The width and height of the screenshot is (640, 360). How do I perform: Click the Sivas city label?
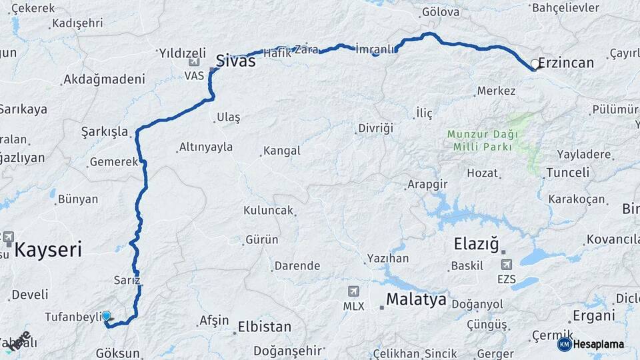(x=235, y=61)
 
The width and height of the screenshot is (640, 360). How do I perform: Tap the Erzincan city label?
(x=565, y=63)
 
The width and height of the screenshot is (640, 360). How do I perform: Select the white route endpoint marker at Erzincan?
(x=535, y=65)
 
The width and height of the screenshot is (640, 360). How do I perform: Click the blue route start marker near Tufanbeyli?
(x=106, y=316)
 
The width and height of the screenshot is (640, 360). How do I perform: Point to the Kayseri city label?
(x=48, y=251)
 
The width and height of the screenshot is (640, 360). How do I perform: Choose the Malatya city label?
(x=416, y=299)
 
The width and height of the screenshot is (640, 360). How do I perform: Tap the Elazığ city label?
(x=476, y=244)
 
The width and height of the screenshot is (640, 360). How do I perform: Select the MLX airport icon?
(x=353, y=291)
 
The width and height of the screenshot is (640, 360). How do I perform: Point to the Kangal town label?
(x=282, y=151)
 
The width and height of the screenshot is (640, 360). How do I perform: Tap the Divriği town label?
(x=376, y=127)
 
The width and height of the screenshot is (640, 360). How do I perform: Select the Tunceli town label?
(x=567, y=173)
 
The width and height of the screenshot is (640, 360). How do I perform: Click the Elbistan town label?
(x=265, y=327)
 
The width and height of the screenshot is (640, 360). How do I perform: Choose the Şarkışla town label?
(x=104, y=131)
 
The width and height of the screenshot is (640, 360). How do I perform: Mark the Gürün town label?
(x=262, y=239)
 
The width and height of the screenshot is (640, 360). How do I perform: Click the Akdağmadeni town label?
(x=103, y=79)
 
